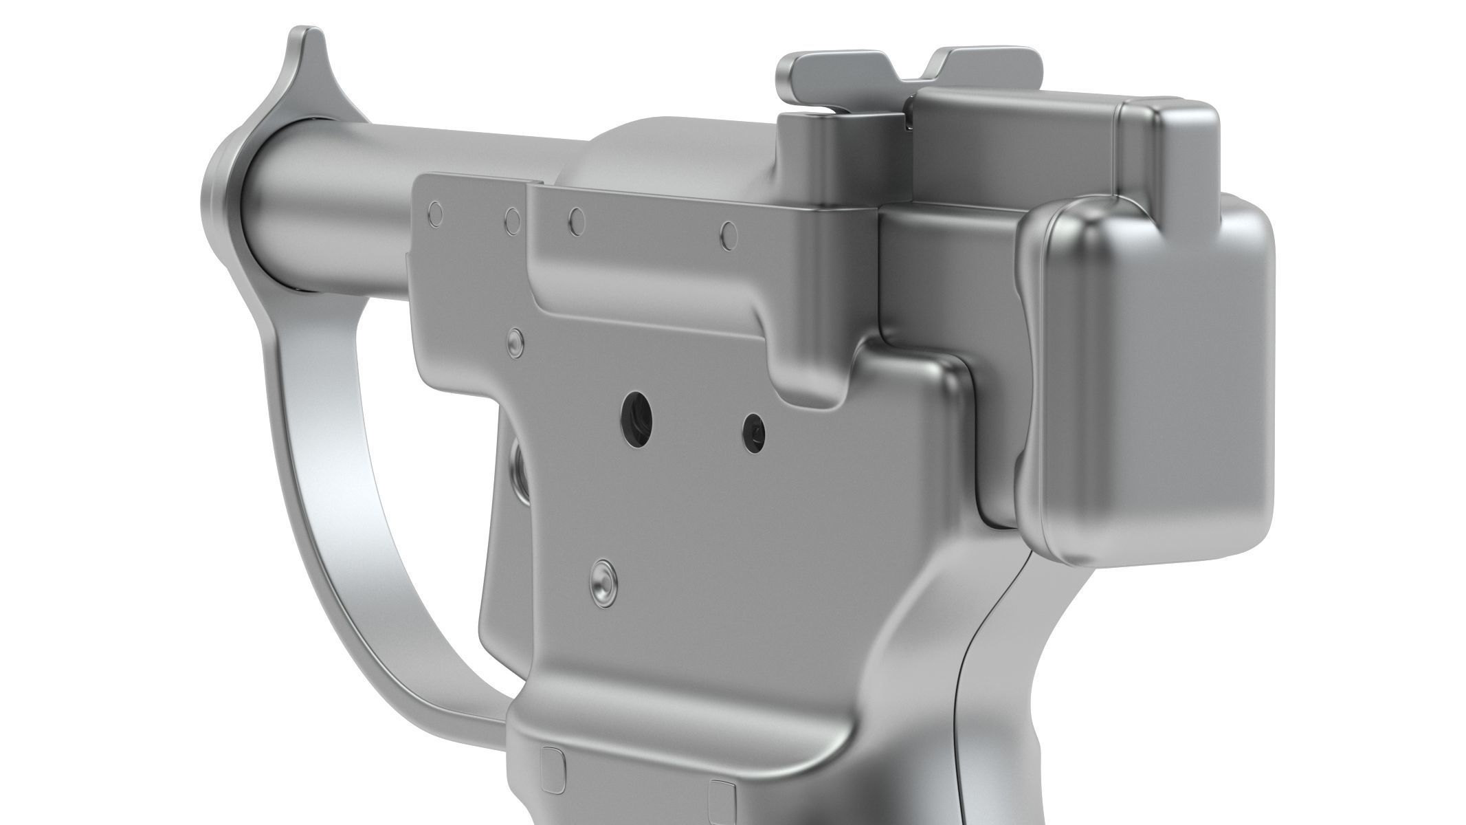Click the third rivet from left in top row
578,220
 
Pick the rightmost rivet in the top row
729,236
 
